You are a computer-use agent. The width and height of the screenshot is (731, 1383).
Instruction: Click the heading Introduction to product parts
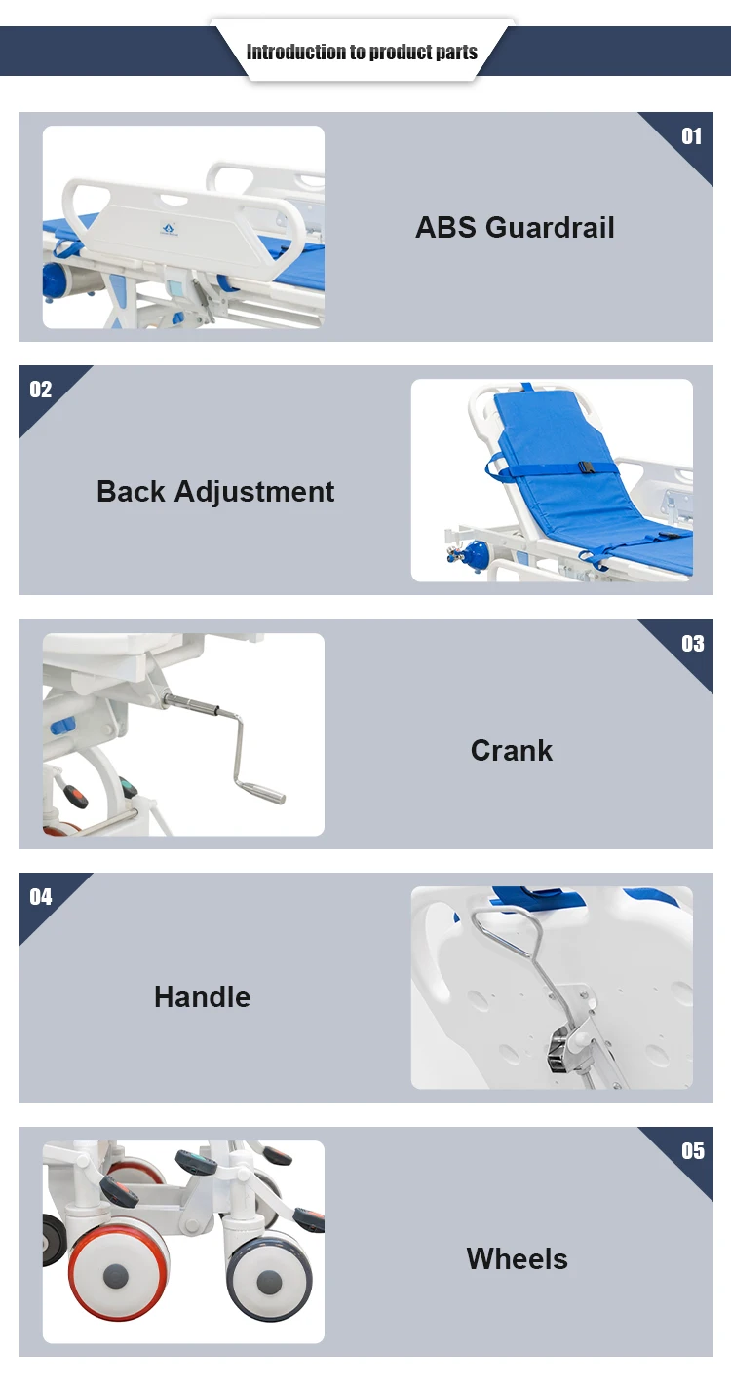tap(362, 52)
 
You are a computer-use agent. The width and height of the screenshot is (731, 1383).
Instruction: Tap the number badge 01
tap(691, 136)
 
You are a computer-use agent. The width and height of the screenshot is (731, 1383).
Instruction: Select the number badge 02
tap(41, 390)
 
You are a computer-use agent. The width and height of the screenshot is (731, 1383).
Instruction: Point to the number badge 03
tap(693, 644)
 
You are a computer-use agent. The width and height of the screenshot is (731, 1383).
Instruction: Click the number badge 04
tap(41, 897)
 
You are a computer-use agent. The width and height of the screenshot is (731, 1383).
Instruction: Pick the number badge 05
tap(693, 1151)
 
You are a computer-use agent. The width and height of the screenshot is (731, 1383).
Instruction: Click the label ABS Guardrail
tap(515, 227)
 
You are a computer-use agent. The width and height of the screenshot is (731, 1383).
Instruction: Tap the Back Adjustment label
tap(215, 492)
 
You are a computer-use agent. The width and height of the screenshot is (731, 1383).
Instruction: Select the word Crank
tap(512, 751)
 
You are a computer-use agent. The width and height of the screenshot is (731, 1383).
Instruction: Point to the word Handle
tap(202, 997)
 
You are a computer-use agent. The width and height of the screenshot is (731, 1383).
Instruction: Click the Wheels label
tap(518, 1258)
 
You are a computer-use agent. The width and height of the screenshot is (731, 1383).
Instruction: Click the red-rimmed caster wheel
tap(117, 1274)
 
